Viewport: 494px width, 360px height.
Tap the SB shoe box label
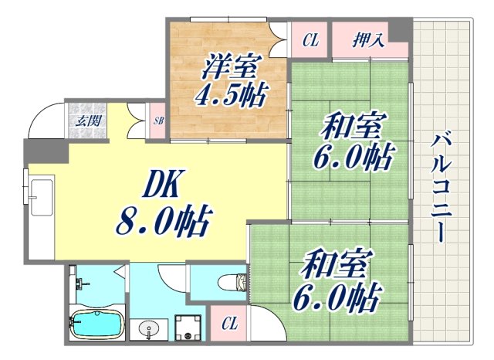[158, 121]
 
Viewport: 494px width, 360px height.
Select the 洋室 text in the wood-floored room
[229, 67]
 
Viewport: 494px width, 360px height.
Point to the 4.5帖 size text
[230, 97]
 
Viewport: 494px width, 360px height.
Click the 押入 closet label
[369, 38]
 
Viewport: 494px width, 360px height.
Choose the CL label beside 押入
[310, 39]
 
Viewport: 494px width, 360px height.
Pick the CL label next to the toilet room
[229, 324]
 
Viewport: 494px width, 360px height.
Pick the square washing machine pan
[188, 328]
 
